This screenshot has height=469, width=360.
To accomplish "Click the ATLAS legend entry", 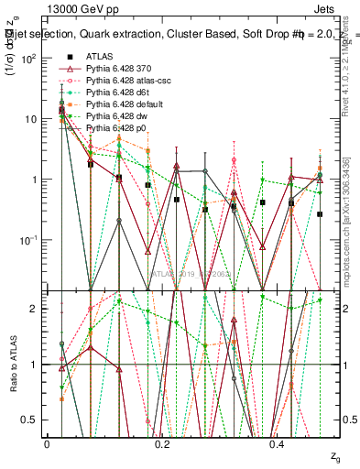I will pos(99,57).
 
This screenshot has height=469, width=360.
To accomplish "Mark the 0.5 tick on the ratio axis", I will pos(33,420).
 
